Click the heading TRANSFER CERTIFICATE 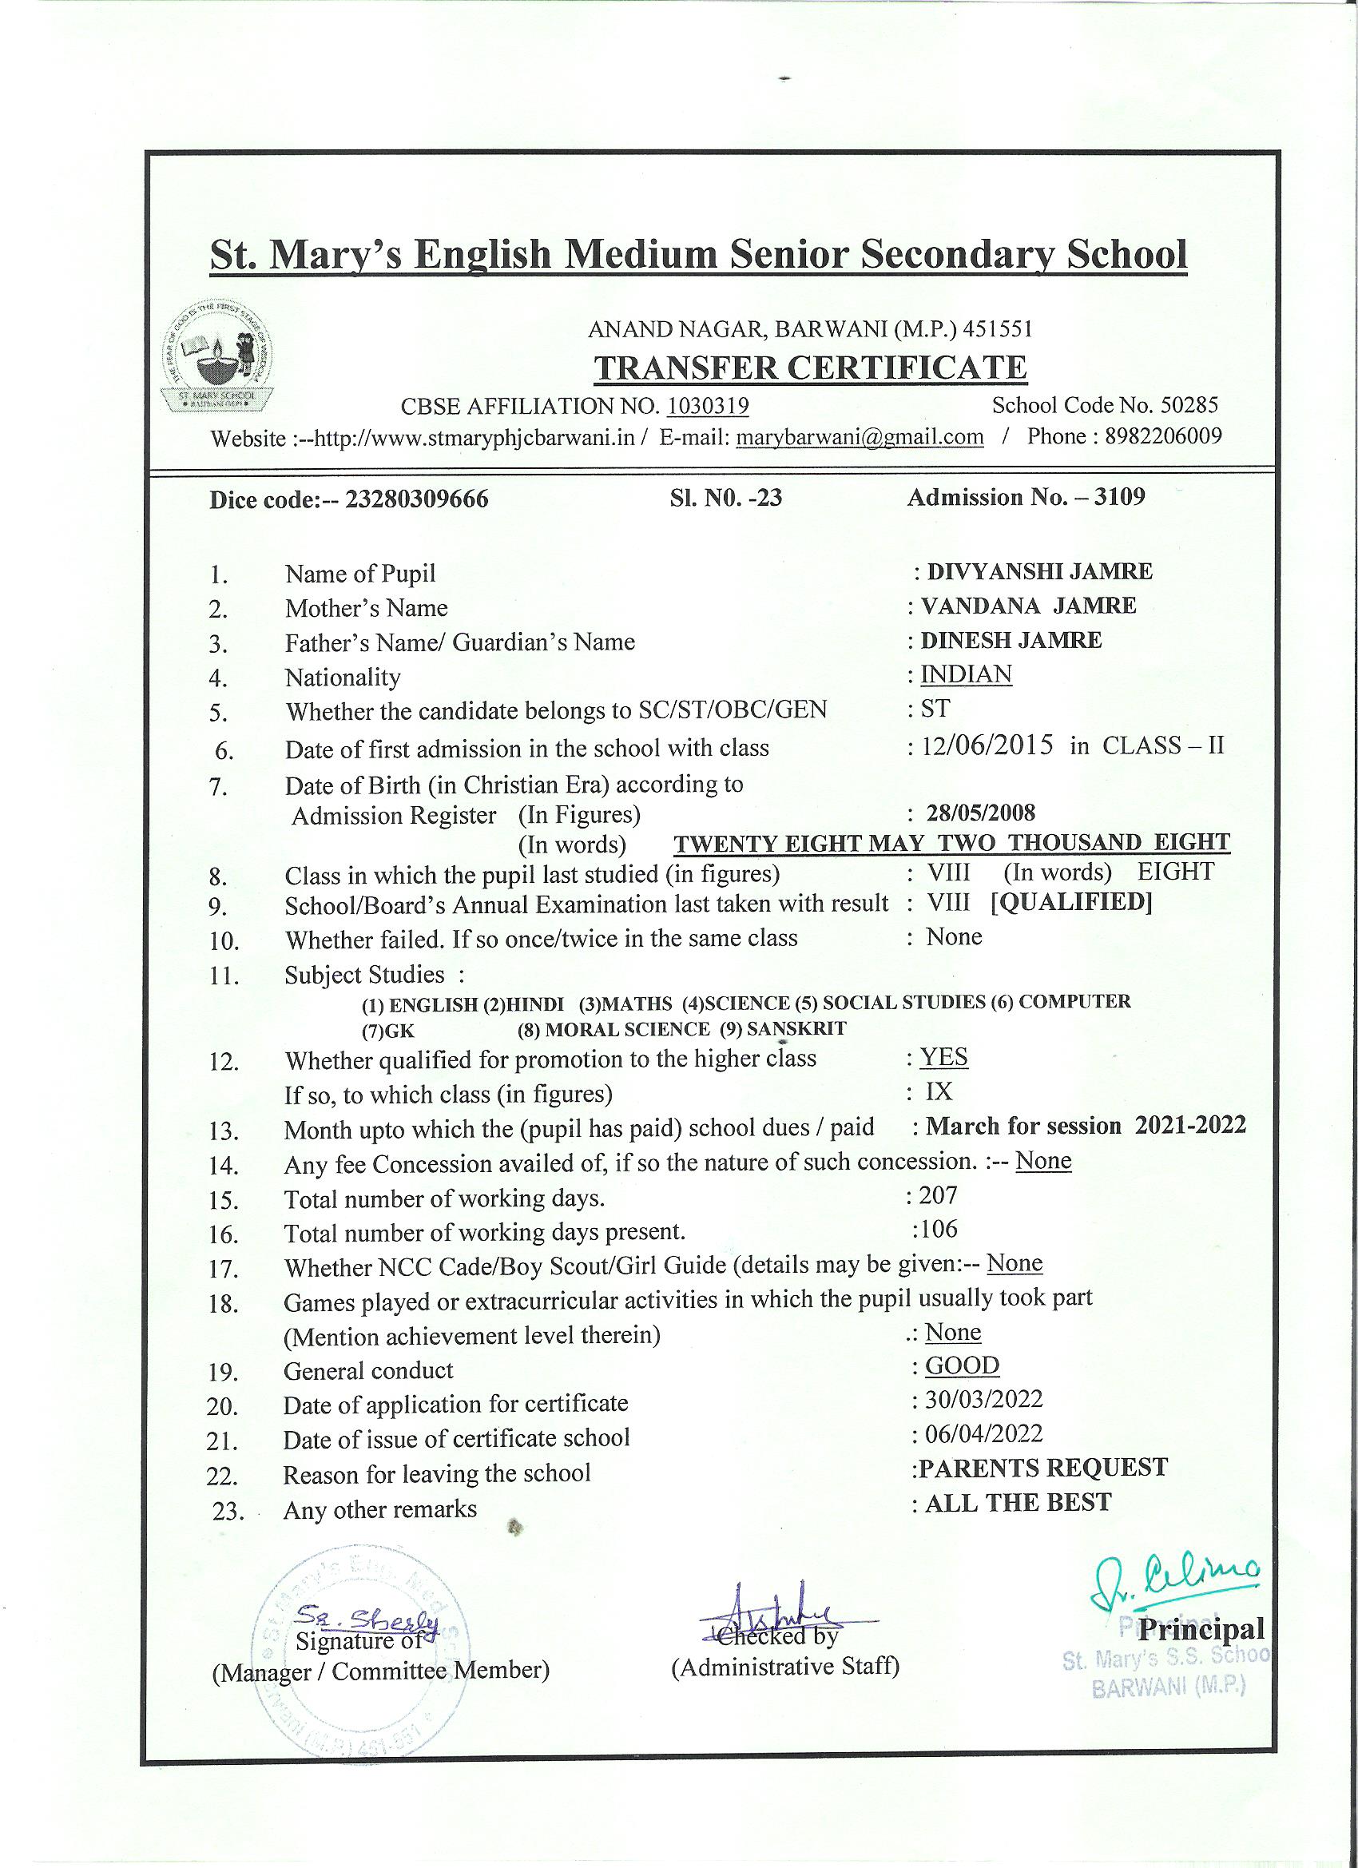tap(810, 368)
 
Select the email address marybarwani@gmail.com tap(860, 436)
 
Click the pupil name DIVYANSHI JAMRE tap(1039, 571)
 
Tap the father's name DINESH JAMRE tap(1011, 640)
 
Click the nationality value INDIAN tap(965, 674)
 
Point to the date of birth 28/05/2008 tap(980, 813)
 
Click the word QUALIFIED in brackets tap(1070, 902)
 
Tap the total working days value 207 tap(938, 1194)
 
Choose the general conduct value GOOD tap(962, 1365)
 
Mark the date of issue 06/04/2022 tap(983, 1434)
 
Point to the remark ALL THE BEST tap(1018, 1502)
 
